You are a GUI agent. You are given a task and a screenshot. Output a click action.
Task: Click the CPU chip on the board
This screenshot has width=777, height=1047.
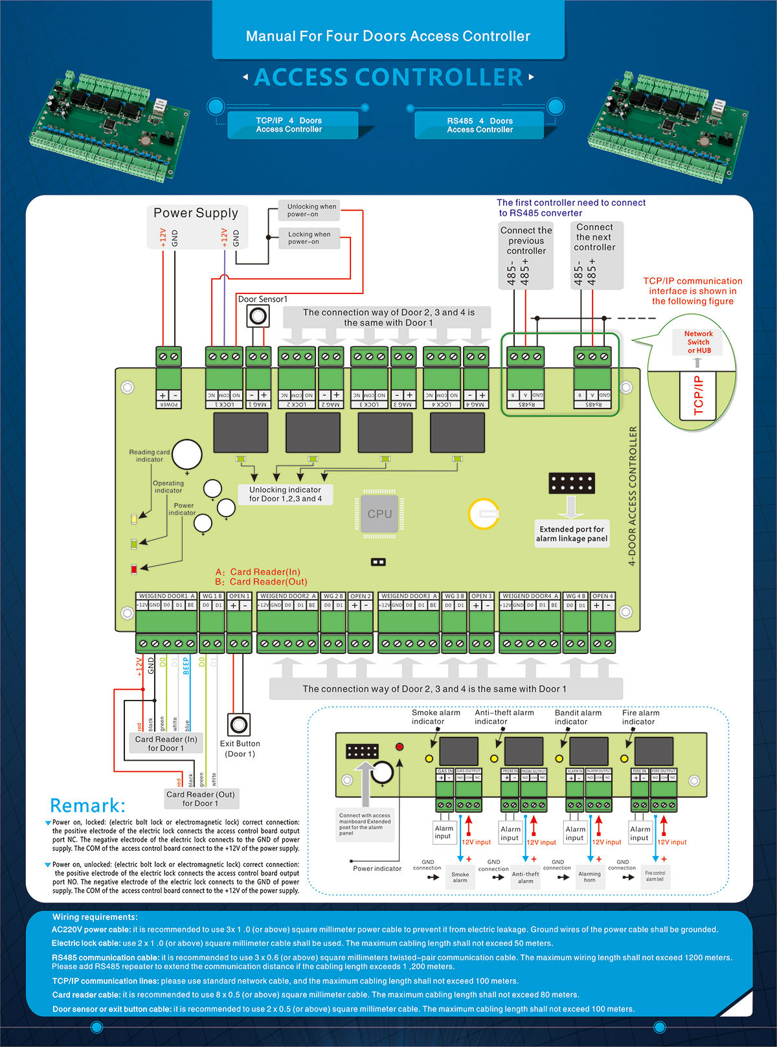coord(379,513)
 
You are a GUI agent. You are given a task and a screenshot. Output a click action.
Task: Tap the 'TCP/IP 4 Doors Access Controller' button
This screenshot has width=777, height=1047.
coord(289,125)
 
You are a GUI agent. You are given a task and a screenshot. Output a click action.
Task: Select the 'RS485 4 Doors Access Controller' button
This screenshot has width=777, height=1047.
coord(480,125)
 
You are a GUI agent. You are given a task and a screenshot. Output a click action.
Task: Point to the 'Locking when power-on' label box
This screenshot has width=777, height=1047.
coord(309,238)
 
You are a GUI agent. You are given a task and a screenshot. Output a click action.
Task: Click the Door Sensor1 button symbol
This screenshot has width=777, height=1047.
coord(258,317)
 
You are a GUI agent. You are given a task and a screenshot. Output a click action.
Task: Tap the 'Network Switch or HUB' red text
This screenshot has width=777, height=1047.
coord(699,342)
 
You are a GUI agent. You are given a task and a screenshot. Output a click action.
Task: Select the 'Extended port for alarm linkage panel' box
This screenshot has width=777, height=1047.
coord(572,534)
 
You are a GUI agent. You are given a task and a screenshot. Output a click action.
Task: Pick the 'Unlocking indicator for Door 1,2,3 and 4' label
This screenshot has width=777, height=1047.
coord(286,494)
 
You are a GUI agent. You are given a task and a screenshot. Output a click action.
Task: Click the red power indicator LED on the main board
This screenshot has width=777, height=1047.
coord(134,569)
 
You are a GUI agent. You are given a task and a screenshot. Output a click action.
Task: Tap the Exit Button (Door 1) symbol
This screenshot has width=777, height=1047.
coord(239,723)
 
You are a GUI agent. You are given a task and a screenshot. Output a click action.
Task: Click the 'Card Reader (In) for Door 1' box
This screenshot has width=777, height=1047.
coord(166,743)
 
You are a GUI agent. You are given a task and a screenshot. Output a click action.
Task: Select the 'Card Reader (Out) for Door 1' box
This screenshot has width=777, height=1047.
coord(201,798)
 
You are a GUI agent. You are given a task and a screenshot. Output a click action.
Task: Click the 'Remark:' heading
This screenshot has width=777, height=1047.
coord(87,805)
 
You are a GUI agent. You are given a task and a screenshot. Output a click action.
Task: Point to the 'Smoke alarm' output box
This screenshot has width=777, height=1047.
coord(460,877)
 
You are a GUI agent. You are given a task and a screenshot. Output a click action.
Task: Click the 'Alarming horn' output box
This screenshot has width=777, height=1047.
coord(589,877)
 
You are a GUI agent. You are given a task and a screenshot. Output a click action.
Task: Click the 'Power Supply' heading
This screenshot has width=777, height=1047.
coord(196,213)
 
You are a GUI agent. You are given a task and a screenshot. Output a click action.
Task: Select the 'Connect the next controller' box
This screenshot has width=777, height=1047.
coord(594,254)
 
